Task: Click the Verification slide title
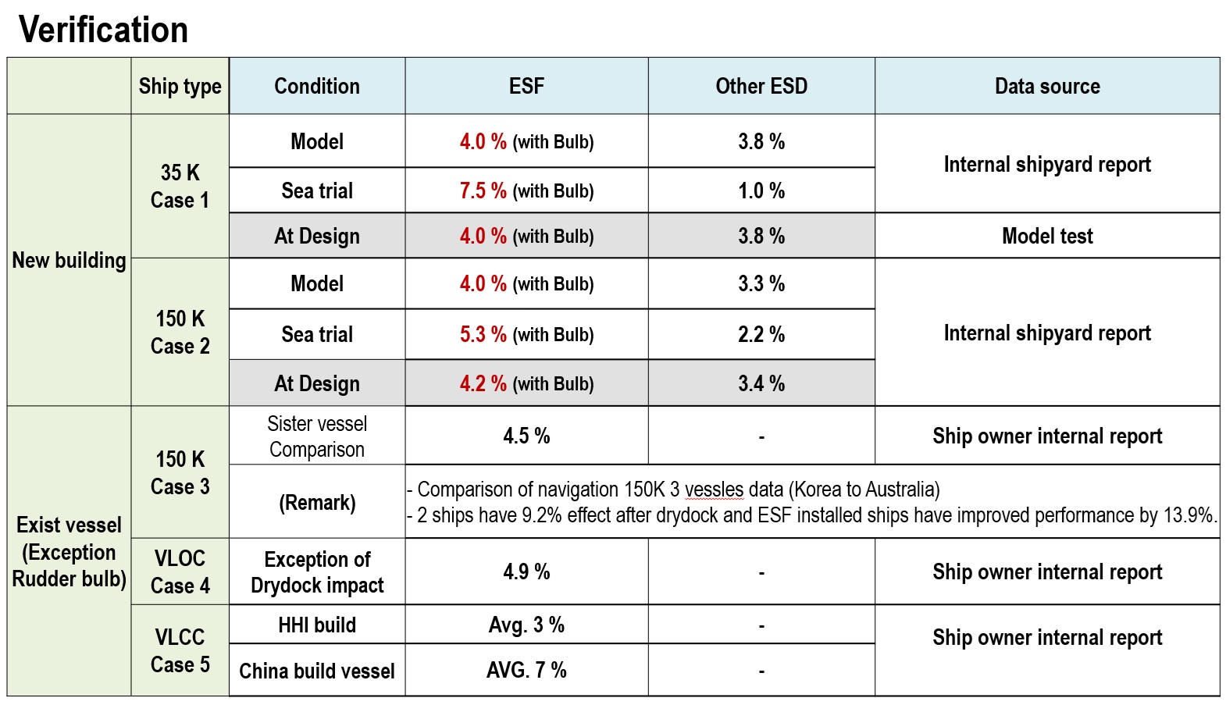103,30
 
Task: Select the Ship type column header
180,87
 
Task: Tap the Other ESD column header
761,86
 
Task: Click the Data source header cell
1047,86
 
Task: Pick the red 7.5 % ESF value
483,190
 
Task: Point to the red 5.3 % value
483,334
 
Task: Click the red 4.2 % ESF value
483,383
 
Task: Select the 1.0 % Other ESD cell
761,190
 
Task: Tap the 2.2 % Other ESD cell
761,334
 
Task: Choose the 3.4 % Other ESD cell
761,383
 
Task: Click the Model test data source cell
1047,236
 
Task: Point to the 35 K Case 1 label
180,186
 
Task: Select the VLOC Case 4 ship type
180,572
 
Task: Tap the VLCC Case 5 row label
180,651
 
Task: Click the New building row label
69,261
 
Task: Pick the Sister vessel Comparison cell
317,436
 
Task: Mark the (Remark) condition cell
317,503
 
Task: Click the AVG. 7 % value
526,670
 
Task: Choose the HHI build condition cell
317,625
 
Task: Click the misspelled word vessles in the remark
715,490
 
